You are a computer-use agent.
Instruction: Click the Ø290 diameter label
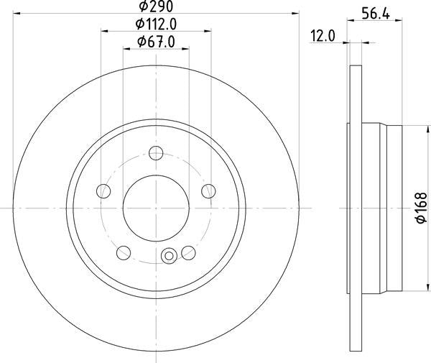(156, 6)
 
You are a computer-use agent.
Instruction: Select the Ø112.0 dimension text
(156, 24)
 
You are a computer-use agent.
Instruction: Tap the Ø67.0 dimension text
(156, 42)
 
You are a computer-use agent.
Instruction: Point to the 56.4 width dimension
(376, 14)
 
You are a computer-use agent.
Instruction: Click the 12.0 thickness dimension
(323, 36)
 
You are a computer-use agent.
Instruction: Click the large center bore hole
(156, 208)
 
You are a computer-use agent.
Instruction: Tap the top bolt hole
(156, 153)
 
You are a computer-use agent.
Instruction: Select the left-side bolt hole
(103, 191)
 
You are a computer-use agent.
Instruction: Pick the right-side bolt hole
(208, 191)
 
